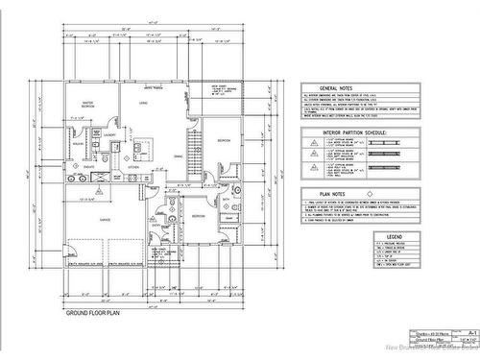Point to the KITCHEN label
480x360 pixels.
[x=133, y=166]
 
